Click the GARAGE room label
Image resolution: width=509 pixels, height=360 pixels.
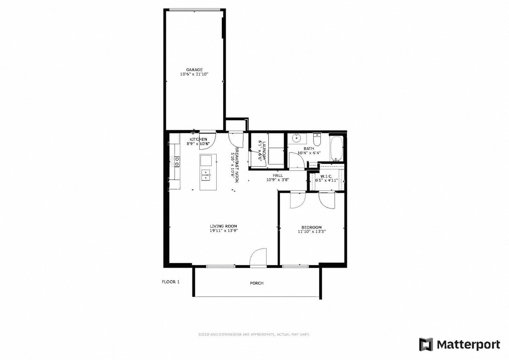point(194,70)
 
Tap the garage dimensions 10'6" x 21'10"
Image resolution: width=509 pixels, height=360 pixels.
point(194,74)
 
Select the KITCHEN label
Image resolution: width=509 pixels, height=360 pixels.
point(198,139)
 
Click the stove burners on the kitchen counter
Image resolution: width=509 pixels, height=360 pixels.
point(175,161)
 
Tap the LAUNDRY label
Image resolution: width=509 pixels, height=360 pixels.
point(264,151)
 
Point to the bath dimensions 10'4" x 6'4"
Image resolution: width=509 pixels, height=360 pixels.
point(309,153)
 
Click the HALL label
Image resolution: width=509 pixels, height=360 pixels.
point(278,175)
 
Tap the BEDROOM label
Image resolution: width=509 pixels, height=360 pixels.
point(311,227)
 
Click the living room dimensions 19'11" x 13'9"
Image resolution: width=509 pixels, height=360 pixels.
point(223,231)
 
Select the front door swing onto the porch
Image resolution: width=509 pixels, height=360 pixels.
point(258,257)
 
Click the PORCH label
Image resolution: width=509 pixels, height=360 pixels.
point(256,283)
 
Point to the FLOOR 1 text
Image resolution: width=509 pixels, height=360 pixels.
point(171,282)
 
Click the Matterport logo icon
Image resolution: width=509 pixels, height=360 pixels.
point(426,344)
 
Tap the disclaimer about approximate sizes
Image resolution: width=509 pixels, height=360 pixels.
point(254,334)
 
